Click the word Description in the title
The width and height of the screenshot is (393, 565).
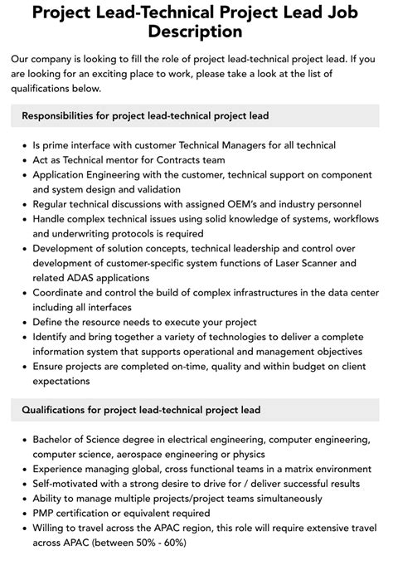[x=196, y=32]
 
